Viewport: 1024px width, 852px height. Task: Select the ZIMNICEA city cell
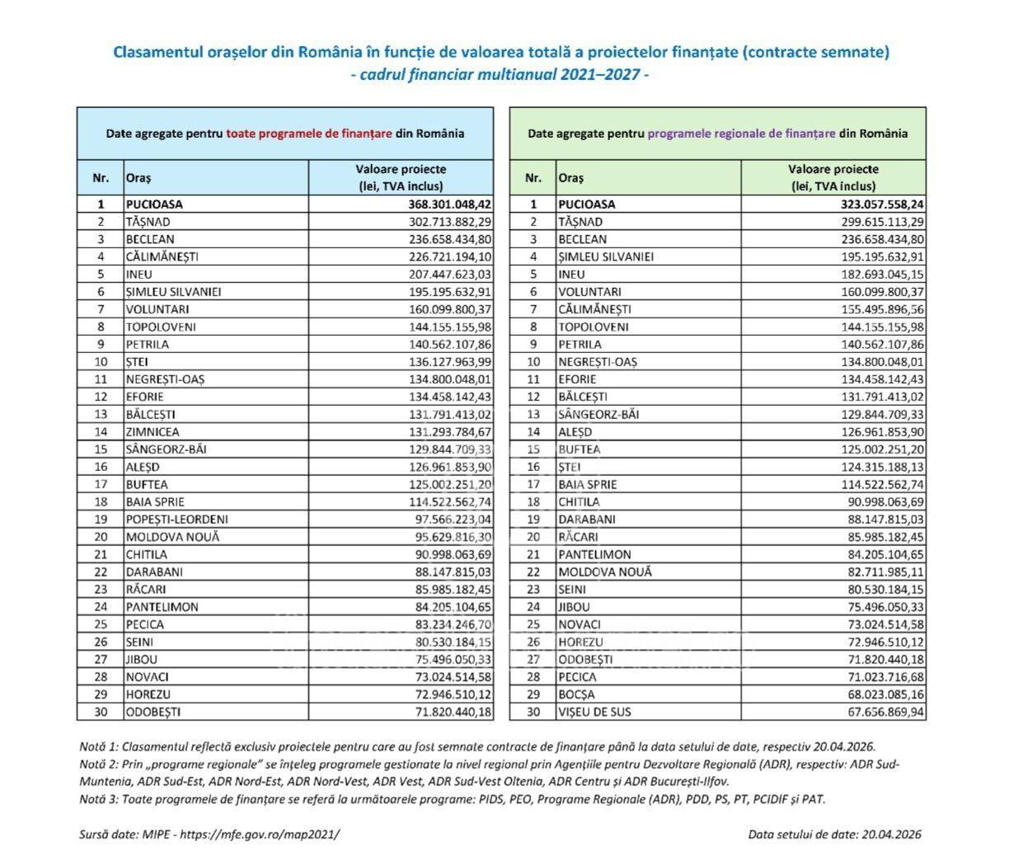point(153,431)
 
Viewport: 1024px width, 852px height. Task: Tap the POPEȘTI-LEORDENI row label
point(176,519)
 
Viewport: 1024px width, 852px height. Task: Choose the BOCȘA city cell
point(576,694)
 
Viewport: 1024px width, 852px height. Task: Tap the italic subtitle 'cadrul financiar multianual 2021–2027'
point(500,74)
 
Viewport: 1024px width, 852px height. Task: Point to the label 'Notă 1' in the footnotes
point(96,746)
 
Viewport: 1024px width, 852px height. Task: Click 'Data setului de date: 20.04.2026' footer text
point(834,834)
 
